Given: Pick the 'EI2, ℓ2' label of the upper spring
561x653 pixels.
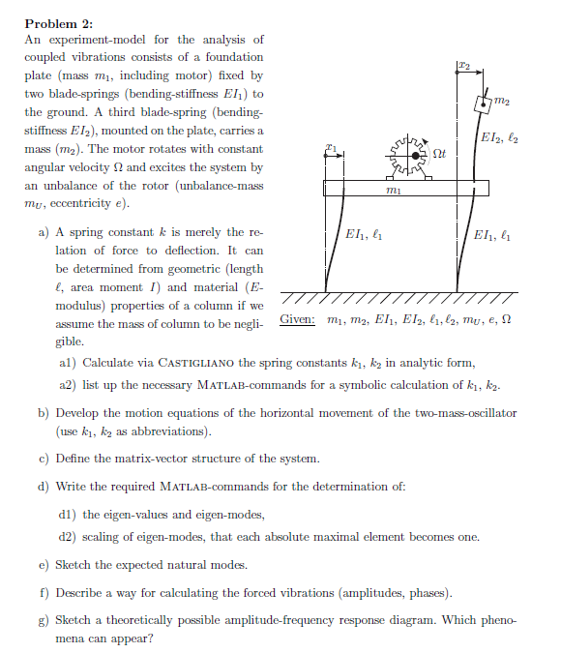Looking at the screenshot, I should pyautogui.click(x=500, y=143).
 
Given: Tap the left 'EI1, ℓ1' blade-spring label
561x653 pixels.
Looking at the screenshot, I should pyautogui.click(x=366, y=234).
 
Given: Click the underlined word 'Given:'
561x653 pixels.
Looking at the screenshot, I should pyautogui.click(x=297, y=319).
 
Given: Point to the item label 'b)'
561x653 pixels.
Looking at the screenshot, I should pyautogui.click(x=44, y=413).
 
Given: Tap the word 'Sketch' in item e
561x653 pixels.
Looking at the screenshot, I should pyautogui.click(x=74, y=564).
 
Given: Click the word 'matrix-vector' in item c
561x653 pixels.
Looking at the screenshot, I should pyautogui.click(x=159, y=458).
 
